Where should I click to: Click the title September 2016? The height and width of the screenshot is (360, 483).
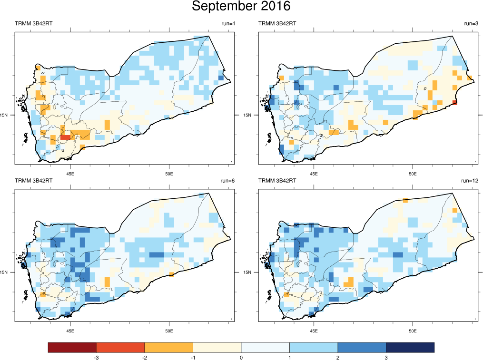[241, 7]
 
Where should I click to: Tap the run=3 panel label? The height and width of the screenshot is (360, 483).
[471, 23]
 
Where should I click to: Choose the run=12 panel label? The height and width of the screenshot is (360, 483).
[470, 181]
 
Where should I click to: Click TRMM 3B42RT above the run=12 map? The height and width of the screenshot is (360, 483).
[277, 181]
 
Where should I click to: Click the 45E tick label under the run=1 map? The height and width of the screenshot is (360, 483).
[70, 173]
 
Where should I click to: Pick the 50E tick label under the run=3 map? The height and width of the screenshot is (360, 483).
[412, 173]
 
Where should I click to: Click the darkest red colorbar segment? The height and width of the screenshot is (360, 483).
[72, 348]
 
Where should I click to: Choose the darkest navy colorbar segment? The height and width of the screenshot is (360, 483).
[410, 348]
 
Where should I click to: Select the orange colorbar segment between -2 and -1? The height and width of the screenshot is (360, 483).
[168, 348]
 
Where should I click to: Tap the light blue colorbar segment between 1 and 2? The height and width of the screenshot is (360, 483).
[314, 348]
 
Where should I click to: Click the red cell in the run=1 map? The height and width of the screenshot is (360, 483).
[66, 137]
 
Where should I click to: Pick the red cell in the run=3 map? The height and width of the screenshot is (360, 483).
[454, 103]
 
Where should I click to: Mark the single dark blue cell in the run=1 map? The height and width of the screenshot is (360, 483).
[220, 78]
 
